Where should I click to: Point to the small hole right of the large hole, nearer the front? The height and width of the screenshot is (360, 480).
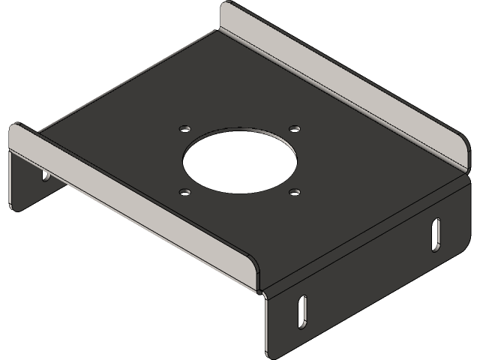294,192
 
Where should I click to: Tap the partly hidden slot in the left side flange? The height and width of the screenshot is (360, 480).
45,176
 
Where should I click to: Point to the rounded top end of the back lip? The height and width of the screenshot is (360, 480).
229,10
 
